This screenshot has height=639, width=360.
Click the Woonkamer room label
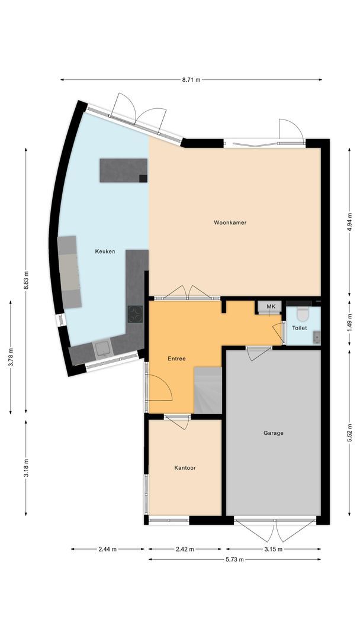click(x=230, y=222)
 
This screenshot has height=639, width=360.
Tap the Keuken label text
click(x=105, y=251)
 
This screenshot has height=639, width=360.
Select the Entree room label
click(x=176, y=359)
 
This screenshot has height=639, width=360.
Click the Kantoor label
click(x=185, y=467)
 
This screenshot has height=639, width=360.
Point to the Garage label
click(x=274, y=433)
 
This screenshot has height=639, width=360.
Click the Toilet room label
click(x=299, y=327)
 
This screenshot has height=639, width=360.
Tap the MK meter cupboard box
click(x=271, y=306)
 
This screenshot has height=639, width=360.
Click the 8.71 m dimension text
click(x=191, y=79)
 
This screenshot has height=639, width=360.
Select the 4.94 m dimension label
click(x=349, y=220)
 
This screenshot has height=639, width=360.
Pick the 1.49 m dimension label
click(x=349, y=324)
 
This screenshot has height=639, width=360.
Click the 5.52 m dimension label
click(x=349, y=434)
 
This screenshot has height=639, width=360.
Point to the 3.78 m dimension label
click(x=11, y=357)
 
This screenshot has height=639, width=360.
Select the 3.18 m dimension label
click(x=26, y=467)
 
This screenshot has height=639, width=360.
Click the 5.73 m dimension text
click(x=235, y=559)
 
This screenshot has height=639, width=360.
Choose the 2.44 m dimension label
click(x=108, y=549)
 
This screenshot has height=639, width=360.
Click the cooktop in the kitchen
click(x=136, y=314)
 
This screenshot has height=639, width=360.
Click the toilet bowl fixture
click(x=303, y=313)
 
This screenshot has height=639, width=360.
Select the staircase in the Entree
click(x=208, y=390)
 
